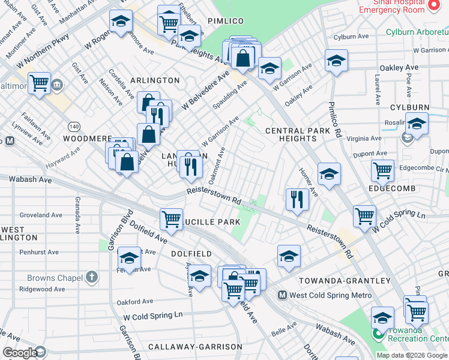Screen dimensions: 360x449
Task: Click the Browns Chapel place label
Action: click(54, 277)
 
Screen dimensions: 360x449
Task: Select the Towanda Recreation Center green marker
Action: click(378, 333)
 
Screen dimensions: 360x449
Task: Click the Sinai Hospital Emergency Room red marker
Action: click(435, 5)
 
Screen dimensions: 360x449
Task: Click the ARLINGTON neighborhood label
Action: click(155, 80)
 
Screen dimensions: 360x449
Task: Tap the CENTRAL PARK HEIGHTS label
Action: click(298, 134)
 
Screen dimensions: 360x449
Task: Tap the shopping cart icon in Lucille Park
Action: click(172, 218)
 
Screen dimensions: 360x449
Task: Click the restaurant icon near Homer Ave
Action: click(297, 199)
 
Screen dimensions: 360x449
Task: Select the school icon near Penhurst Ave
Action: click(128, 258)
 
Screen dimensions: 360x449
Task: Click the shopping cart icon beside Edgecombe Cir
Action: click(382, 170)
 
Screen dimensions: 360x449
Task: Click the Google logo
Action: click(20, 353)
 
